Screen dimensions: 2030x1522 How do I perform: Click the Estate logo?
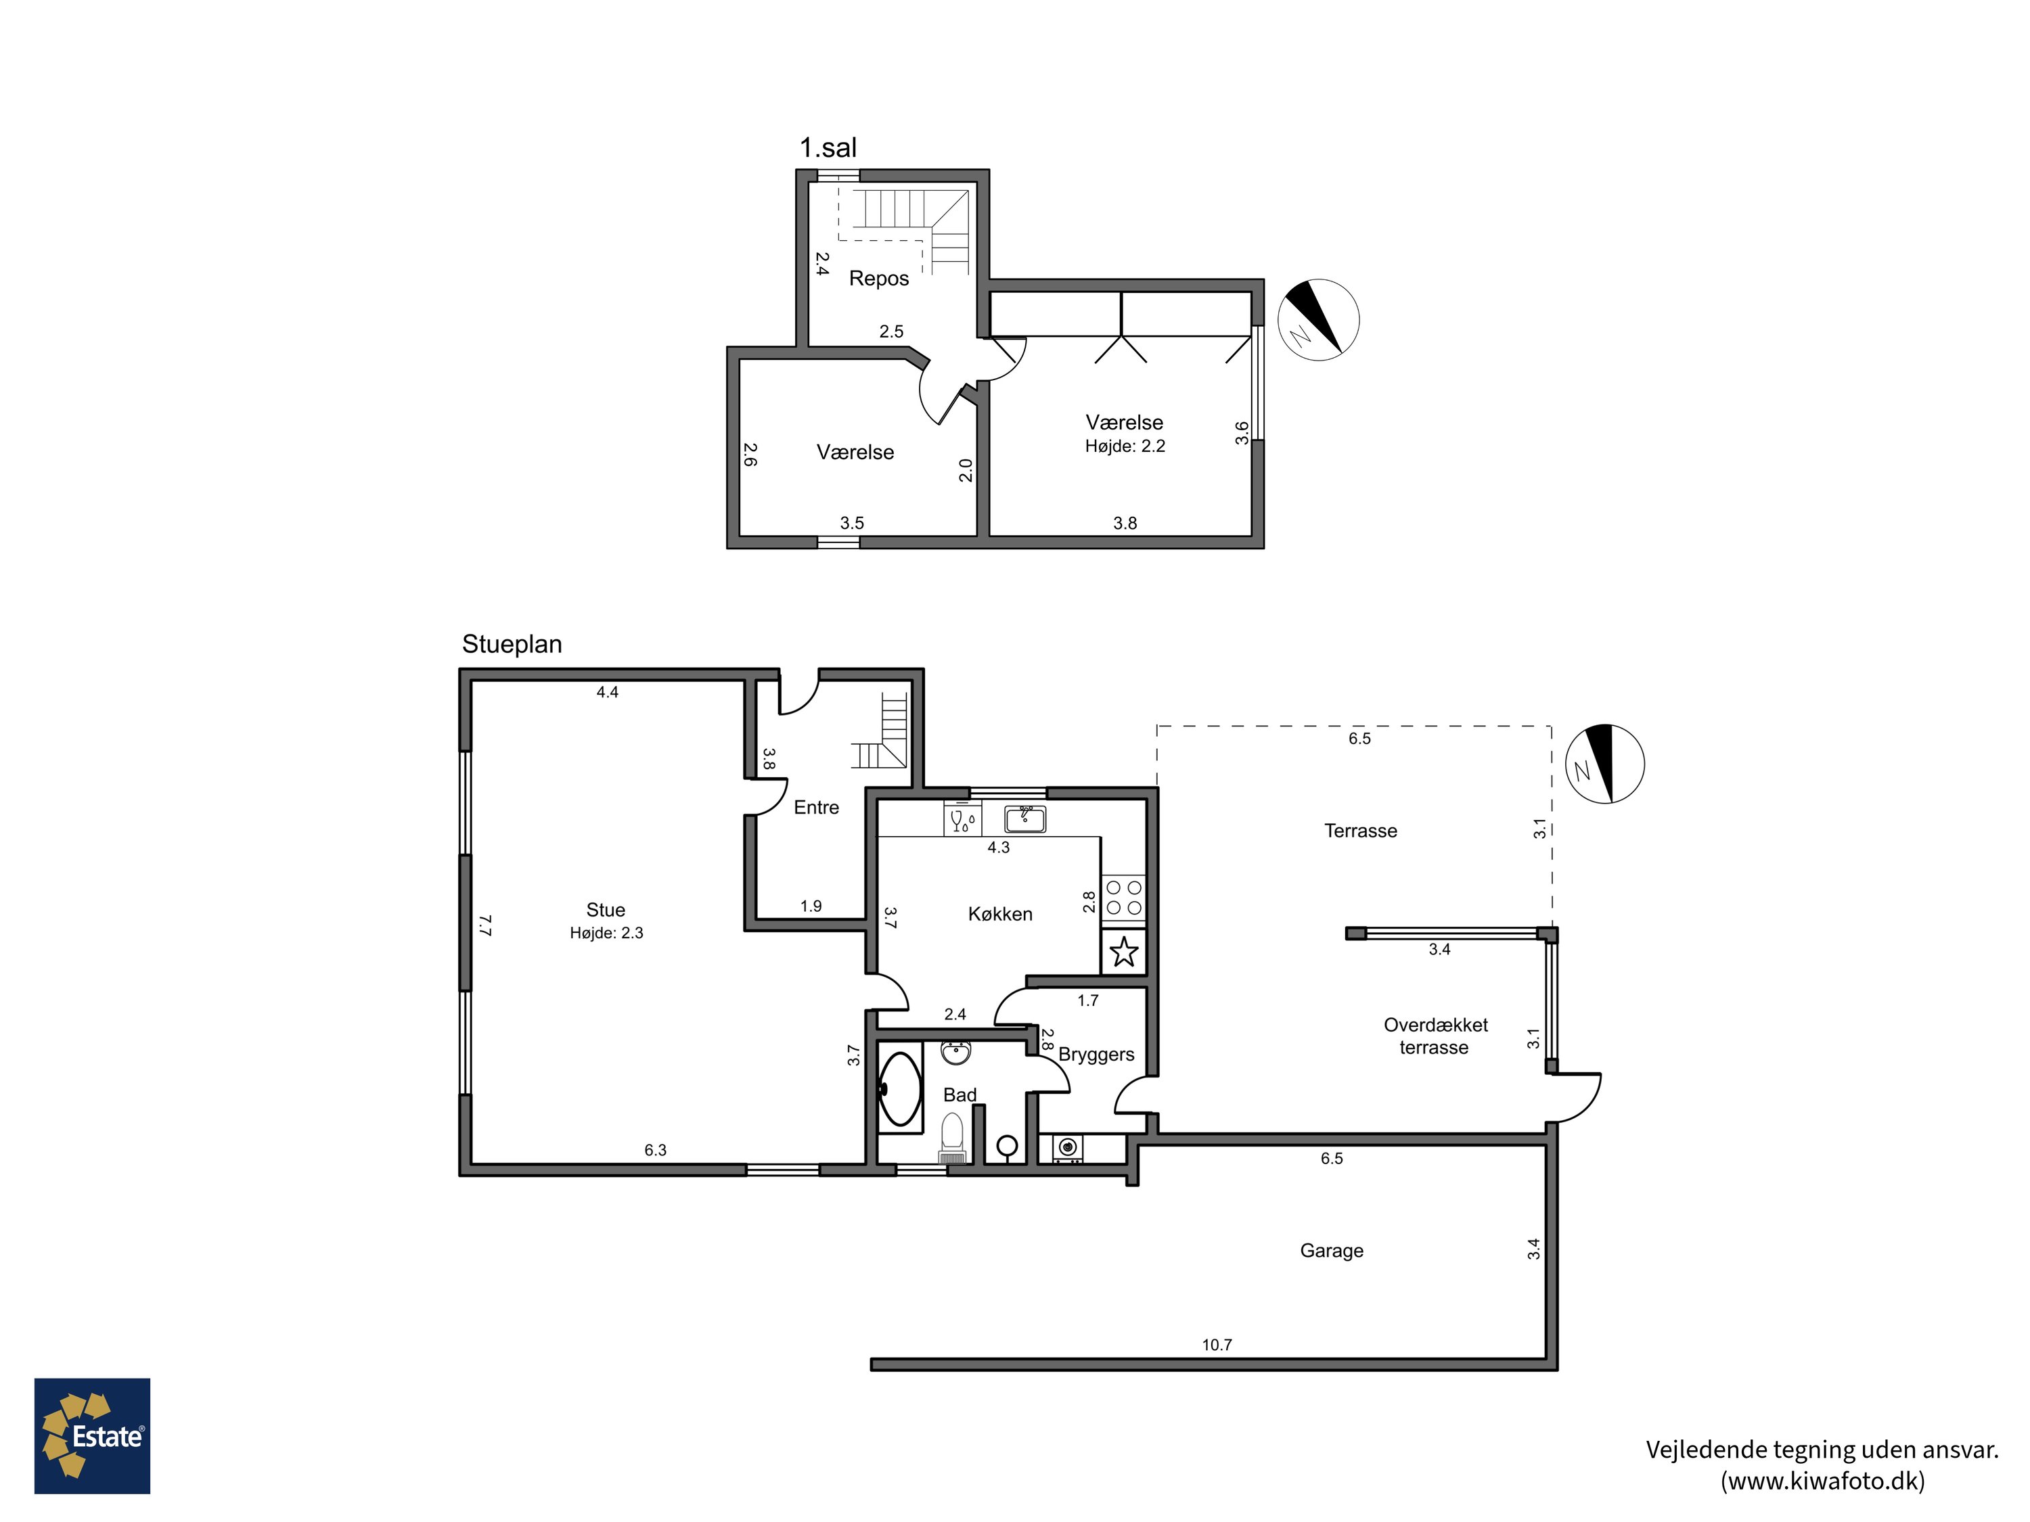92,1436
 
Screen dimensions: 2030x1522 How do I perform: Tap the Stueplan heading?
512,645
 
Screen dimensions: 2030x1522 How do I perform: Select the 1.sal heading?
828,147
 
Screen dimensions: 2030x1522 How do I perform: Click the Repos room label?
878,279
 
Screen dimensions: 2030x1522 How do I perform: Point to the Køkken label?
1000,914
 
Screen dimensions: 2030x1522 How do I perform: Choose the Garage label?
1332,1251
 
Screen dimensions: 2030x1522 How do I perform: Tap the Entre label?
816,807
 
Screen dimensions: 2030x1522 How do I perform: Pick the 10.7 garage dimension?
1217,1345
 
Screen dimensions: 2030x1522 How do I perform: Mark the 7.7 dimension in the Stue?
485,925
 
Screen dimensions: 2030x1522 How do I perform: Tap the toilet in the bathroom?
953,1138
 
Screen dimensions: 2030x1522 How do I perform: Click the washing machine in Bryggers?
1066,1149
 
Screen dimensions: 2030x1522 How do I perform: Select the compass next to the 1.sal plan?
1318,319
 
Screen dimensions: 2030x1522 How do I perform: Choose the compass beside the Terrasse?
1604,764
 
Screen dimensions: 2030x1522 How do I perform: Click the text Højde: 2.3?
606,933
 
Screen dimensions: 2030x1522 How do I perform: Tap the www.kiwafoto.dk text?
1822,1481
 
